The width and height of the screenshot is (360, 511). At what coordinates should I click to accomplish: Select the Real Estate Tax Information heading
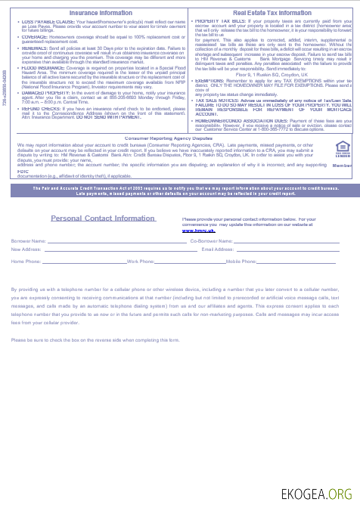coord(272,13)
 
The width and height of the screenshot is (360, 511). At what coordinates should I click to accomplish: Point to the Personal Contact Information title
coord(102,218)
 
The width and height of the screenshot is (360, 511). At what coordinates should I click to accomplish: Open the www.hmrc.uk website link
coord(195,229)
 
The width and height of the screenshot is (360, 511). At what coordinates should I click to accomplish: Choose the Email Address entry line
coord(287,250)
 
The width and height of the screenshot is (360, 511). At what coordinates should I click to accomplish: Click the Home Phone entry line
coord(83,262)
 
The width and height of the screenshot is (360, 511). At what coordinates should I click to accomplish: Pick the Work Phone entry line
coord(189,262)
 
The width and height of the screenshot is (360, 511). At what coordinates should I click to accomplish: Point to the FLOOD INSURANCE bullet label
coord(37,67)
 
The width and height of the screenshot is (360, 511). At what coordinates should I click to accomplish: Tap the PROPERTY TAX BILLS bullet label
coord(220,21)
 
